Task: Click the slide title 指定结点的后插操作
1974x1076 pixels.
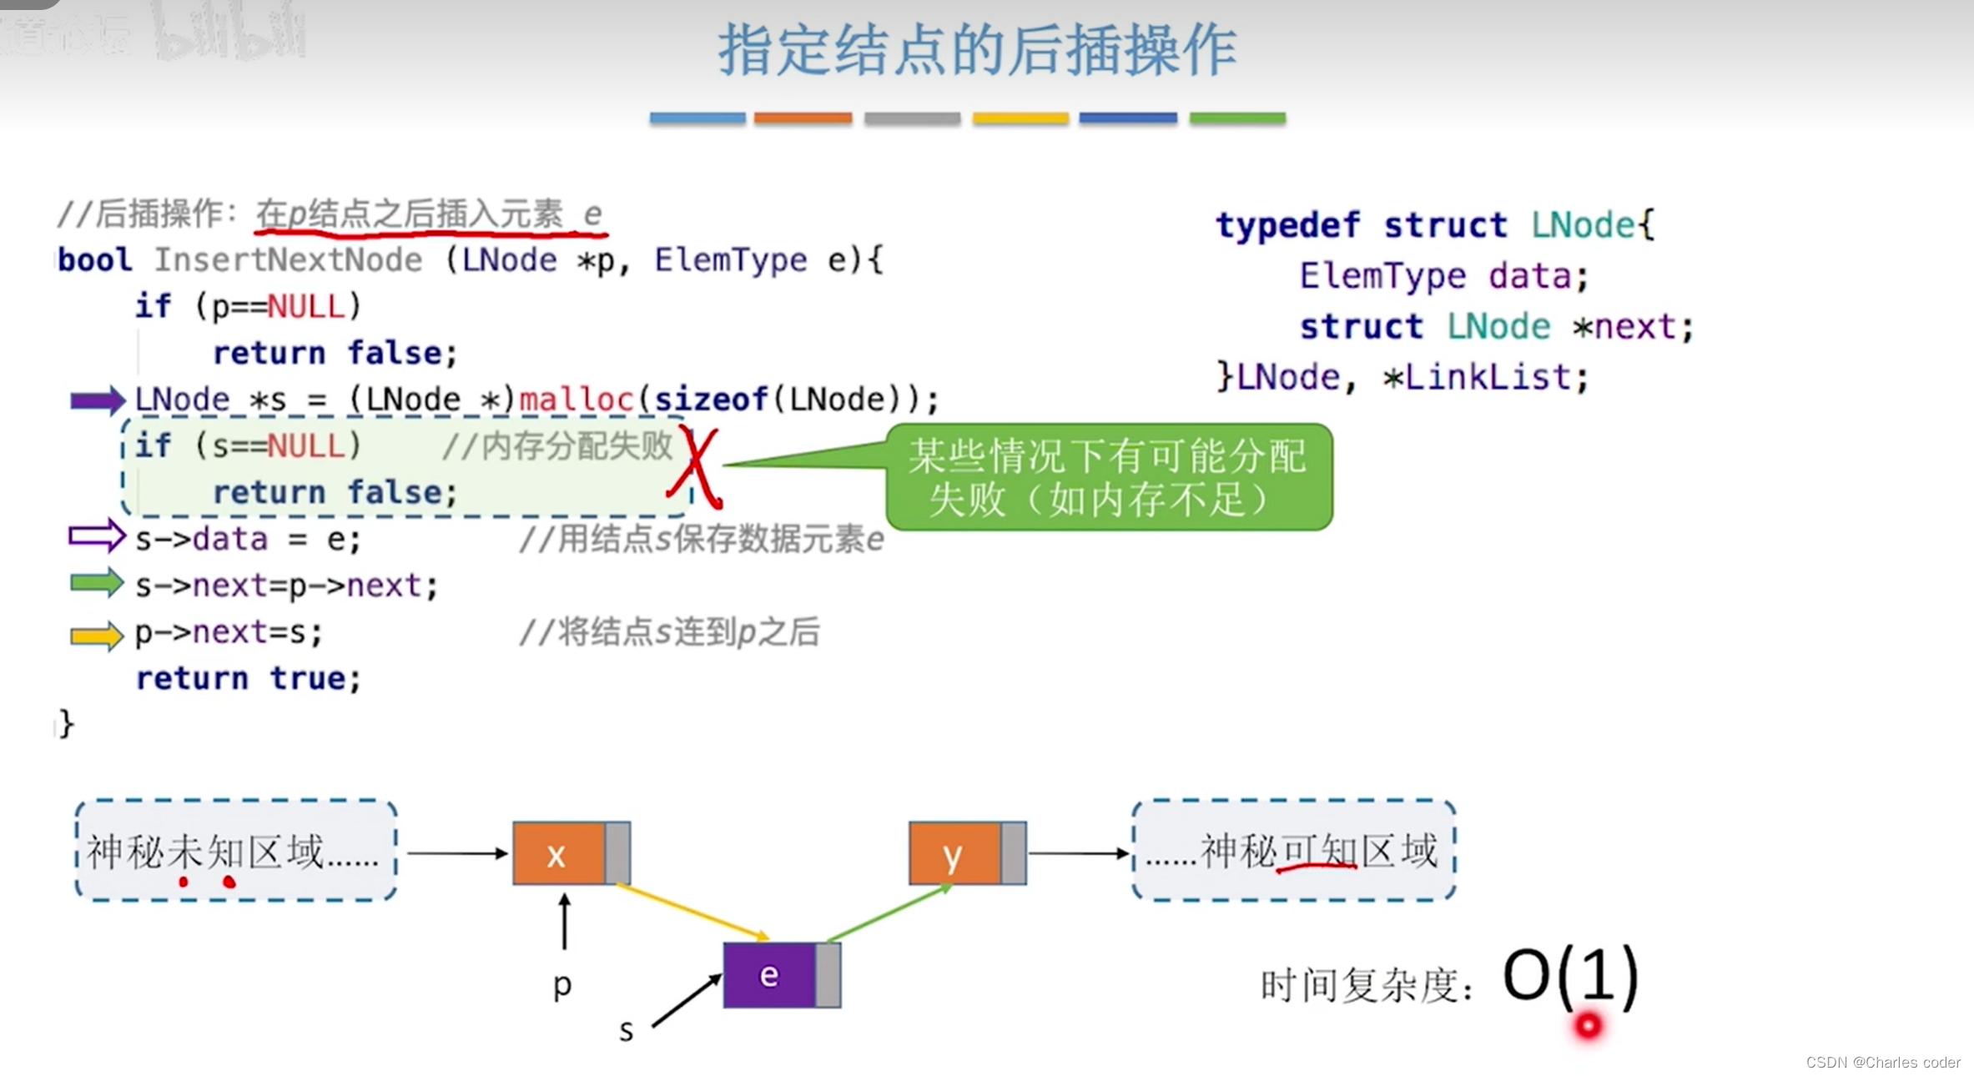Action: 977,50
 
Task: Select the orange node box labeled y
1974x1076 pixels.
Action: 954,853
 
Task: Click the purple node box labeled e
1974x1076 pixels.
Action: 769,975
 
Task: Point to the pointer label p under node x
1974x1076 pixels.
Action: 562,985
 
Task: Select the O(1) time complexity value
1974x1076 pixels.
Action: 1569,975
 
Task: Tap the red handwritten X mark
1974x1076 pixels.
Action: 697,467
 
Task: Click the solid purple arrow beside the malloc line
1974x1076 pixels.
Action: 97,400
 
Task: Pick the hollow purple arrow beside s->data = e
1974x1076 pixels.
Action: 97,536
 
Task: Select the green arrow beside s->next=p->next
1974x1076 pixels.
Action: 97,583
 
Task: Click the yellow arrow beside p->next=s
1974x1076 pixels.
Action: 97,636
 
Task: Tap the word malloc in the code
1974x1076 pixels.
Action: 577,400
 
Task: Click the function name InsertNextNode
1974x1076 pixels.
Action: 288,260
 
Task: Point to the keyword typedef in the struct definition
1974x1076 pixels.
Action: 1287,225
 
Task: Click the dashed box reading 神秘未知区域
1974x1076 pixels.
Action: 235,851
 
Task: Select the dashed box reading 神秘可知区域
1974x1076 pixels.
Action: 1293,851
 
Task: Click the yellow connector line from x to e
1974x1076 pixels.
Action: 692,911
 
